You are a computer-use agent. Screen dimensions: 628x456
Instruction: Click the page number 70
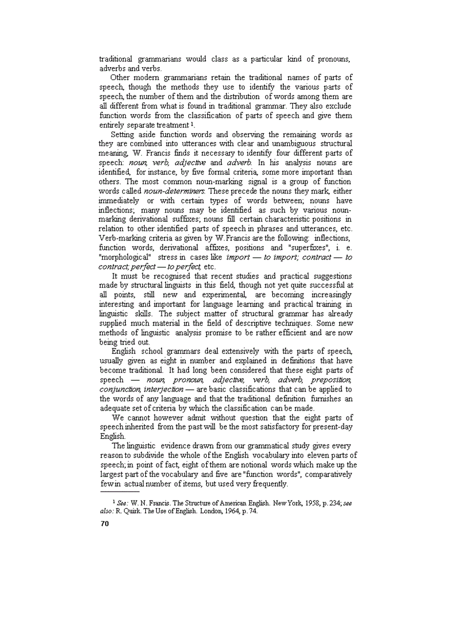(x=103, y=523)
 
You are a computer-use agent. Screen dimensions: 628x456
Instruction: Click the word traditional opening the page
(x=115, y=59)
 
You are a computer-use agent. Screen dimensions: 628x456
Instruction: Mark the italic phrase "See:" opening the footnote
(x=122, y=503)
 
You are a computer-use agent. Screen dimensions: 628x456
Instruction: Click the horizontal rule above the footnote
(x=118, y=493)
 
